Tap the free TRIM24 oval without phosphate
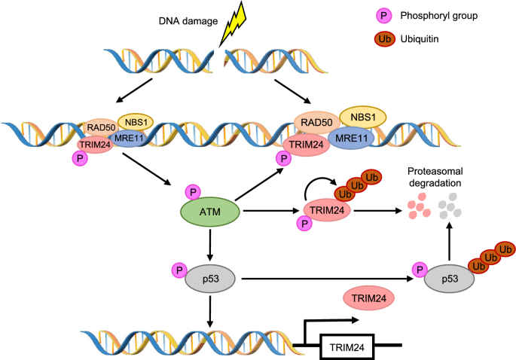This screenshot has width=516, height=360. point(369,299)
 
